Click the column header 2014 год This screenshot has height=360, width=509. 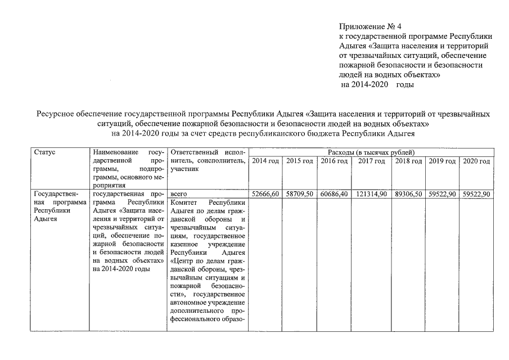(x=265, y=161)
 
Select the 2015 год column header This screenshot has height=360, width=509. (x=299, y=161)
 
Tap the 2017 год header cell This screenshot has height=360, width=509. (x=371, y=161)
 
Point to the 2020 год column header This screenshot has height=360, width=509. (x=476, y=161)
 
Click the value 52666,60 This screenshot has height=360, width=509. (x=265, y=193)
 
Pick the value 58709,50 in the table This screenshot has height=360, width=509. (x=299, y=193)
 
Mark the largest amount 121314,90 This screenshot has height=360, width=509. (x=371, y=193)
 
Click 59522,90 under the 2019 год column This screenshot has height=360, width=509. (x=442, y=193)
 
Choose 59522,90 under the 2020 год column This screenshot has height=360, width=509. (x=476, y=193)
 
